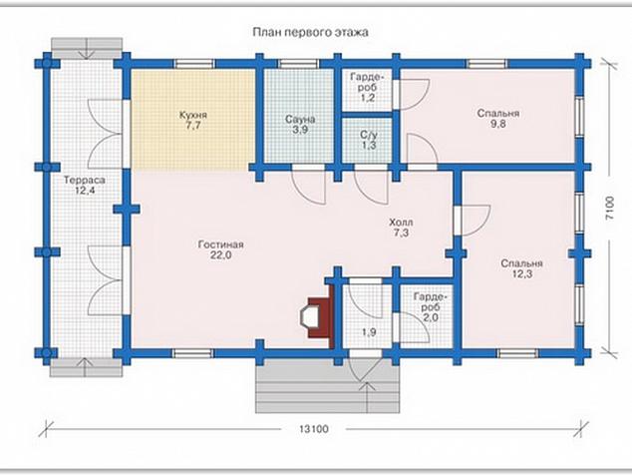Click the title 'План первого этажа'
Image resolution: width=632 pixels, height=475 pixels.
(310, 32)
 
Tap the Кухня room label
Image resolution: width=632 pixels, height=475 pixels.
(193, 121)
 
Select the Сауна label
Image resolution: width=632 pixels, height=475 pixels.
(300, 125)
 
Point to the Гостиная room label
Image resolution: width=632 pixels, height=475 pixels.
(221, 249)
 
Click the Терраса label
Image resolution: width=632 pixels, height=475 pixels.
(85, 186)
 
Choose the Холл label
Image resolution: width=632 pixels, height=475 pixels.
(401, 228)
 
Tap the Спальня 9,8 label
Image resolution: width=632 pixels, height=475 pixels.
(498, 119)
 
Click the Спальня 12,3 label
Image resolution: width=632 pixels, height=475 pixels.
(522, 268)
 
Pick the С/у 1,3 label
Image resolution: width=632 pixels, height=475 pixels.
(368, 140)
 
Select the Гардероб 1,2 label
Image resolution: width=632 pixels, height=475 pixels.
(368, 87)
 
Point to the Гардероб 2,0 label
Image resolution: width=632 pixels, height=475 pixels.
(431, 307)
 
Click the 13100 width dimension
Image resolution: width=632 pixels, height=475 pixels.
(314, 429)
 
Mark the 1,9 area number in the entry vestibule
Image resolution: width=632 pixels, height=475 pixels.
(369, 332)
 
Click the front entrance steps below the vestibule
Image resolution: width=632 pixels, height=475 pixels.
(327, 386)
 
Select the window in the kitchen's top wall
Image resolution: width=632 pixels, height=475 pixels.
(194, 64)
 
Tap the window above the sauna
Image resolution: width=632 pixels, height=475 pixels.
(299, 64)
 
